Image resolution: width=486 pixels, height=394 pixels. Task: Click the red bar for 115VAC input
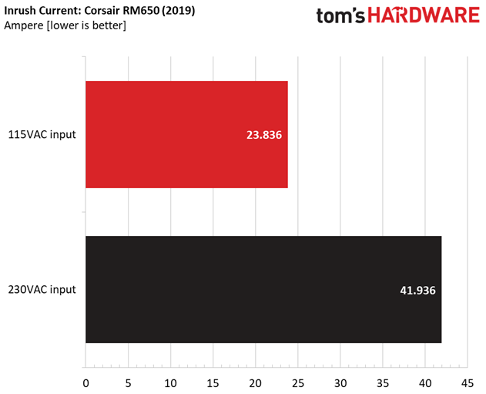coord(186,134)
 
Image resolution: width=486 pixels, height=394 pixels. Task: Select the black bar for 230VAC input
coord(263,289)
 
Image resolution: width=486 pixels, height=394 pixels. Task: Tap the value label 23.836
coord(264,135)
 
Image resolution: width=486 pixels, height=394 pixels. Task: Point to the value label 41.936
coord(417,291)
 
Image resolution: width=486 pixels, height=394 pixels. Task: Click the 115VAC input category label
coord(42,135)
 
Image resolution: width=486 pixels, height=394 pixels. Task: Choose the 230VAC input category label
coord(42,290)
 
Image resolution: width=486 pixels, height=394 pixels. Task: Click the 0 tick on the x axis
coord(85,383)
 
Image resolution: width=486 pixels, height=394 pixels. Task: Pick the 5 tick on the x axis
coord(129,383)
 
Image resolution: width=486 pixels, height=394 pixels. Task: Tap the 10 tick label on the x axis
coord(170,383)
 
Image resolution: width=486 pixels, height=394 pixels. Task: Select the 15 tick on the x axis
coord(213,383)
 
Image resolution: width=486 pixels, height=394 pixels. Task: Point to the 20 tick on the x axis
coord(256,383)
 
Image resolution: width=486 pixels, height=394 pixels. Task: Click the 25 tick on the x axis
coord(298,383)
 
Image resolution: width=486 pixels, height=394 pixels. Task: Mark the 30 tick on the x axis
coord(340,383)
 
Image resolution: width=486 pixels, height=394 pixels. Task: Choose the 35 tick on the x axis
coord(383,383)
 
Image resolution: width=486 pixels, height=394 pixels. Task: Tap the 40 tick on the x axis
coord(425,383)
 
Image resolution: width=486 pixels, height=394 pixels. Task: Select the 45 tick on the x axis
coord(468,383)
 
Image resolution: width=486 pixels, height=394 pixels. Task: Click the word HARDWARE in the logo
coord(424,15)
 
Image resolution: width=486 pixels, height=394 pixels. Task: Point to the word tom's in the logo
coord(340,15)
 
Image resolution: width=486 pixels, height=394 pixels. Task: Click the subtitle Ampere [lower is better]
coord(65,25)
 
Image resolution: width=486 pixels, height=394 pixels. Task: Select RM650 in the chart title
coord(141,11)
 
